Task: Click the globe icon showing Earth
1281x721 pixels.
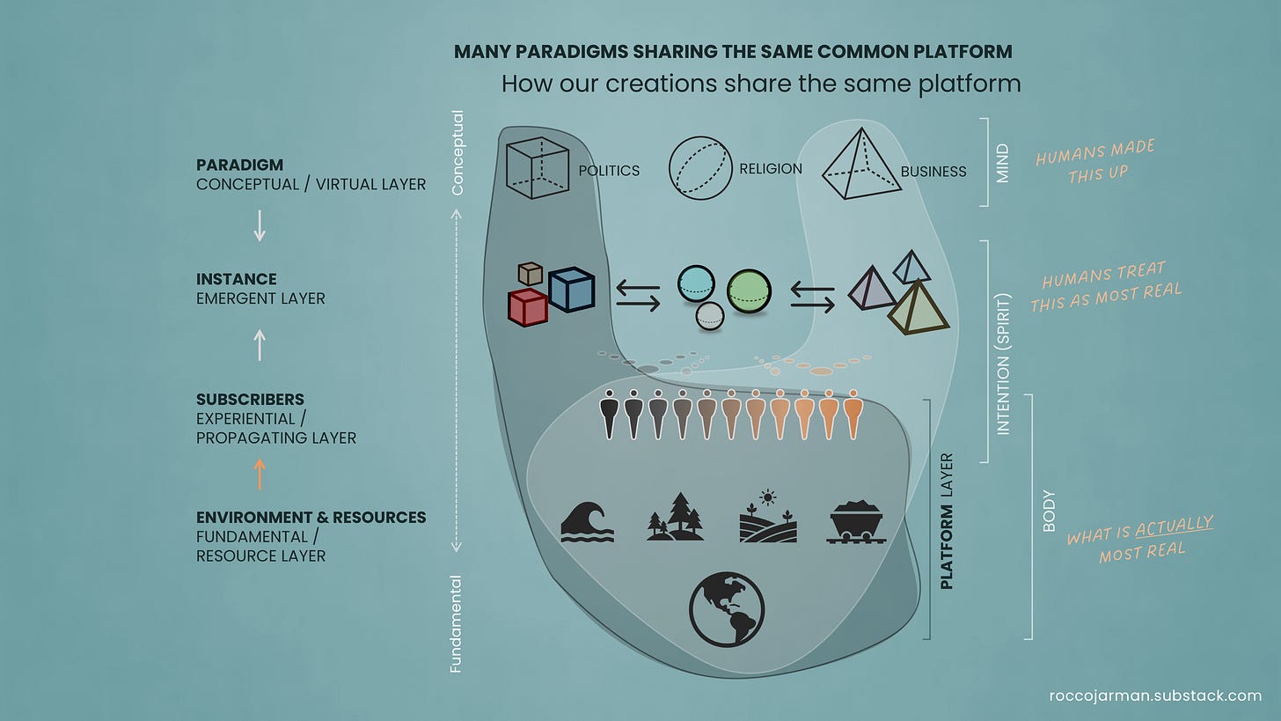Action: [727, 609]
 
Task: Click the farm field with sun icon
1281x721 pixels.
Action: [767, 517]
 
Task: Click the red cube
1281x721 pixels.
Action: [528, 307]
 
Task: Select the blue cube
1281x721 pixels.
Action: [571, 289]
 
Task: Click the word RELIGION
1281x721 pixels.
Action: [771, 168]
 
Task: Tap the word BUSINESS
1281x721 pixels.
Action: [933, 172]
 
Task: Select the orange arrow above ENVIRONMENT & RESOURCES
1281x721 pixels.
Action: [260, 474]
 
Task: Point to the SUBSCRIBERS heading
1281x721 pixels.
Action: [250, 399]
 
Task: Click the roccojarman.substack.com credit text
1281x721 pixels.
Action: [1155, 695]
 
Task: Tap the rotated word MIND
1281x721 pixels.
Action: [1002, 163]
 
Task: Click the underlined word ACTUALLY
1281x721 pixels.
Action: [1174, 526]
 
